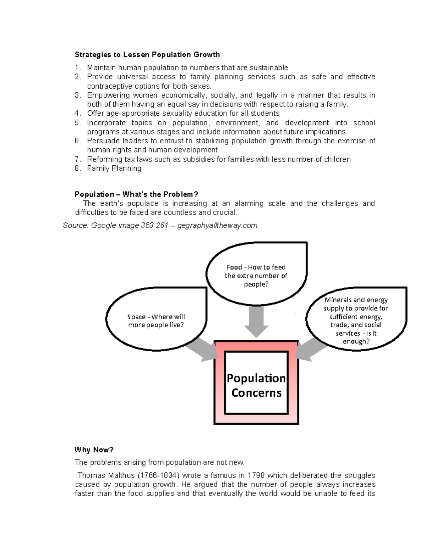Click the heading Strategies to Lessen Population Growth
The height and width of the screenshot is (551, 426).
pos(147,55)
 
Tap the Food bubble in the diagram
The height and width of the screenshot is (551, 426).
pos(256,275)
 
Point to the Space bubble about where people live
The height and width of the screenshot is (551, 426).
pos(156,321)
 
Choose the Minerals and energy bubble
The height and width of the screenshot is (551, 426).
pos(356,320)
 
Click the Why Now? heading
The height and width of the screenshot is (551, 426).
pos(94,450)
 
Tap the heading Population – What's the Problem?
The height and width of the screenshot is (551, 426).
pos(136,194)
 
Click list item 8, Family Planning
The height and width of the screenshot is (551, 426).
pos(114,169)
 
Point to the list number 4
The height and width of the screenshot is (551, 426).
pos(77,114)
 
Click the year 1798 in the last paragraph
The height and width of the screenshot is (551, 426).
pos(256,475)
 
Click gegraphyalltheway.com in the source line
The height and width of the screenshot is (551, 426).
pos(217,226)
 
